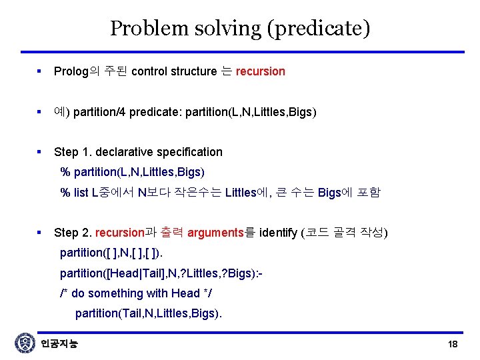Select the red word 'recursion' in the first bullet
tap(260, 71)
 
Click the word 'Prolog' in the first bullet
tap(71, 71)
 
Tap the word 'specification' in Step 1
tap(189, 152)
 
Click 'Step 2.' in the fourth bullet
tap(73, 233)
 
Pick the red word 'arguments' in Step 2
tap(215, 233)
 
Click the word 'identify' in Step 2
tap(279, 233)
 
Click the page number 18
tap(453, 344)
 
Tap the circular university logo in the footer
tap(25, 343)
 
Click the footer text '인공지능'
tap(59, 344)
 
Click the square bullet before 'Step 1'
tap(41, 152)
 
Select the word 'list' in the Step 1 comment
tap(81, 193)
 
